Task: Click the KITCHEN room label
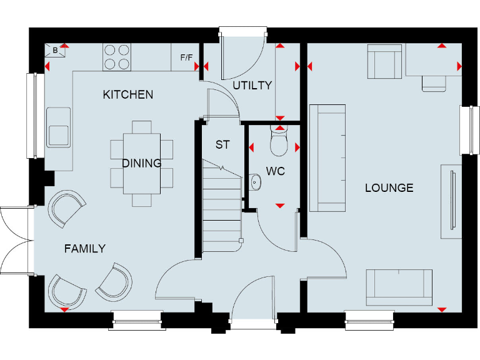point(127,94)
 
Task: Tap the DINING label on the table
point(141,163)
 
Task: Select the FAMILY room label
point(85,249)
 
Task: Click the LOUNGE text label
point(389,187)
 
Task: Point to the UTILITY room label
point(252,85)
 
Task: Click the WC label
point(275,171)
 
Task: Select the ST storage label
point(222,145)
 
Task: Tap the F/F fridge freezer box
point(186,57)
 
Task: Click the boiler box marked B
point(56,49)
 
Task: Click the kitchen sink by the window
point(58,127)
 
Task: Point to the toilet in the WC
point(279,142)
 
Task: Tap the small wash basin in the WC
point(254,182)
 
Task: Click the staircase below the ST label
point(222,206)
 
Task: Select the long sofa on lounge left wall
point(327,157)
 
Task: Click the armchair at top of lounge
point(384,62)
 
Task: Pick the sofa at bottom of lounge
point(399,284)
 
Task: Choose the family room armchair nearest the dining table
point(66,207)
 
